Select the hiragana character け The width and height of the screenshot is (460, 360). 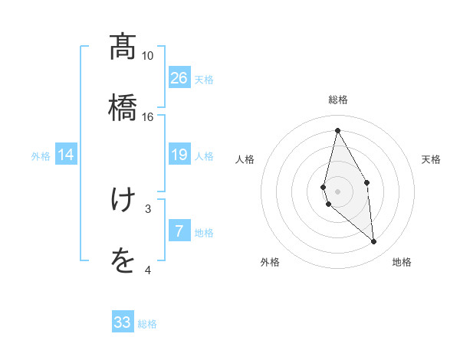pyautogui.click(x=123, y=200)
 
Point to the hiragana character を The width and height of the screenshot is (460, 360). pyautogui.click(x=123, y=262)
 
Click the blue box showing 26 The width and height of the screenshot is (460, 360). pyautogui.click(x=179, y=78)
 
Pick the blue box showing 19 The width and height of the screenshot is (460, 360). pyautogui.click(x=179, y=155)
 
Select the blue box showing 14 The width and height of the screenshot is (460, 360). pyautogui.click(x=66, y=155)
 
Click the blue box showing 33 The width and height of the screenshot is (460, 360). pyautogui.click(x=123, y=322)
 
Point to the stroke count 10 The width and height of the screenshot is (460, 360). pyautogui.click(x=147, y=56)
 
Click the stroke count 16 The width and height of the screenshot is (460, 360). pyautogui.click(x=147, y=116)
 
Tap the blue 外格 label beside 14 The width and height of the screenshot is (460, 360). pyautogui.click(x=41, y=156)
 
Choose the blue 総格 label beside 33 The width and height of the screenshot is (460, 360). pyautogui.click(x=147, y=324)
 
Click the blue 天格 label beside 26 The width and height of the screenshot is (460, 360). pyautogui.click(x=204, y=80)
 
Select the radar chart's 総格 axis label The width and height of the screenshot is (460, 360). pyautogui.click(x=337, y=100)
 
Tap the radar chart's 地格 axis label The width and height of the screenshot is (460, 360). pyautogui.click(x=402, y=262)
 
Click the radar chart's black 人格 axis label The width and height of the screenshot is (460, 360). pyautogui.click(x=245, y=159)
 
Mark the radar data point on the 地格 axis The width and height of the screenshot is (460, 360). pyautogui.click(x=374, y=242)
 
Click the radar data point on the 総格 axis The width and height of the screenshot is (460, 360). pyautogui.click(x=337, y=130)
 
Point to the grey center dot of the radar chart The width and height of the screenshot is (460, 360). pyautogui.click(x=337, y=190)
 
